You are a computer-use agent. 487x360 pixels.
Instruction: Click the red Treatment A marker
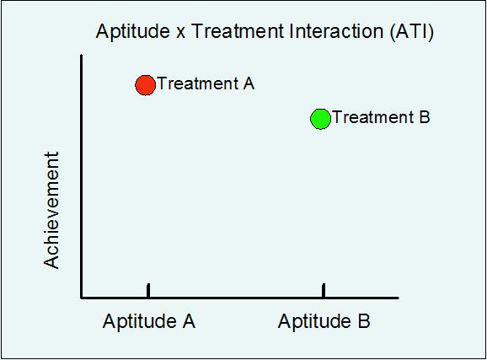pyautogui.click(x=145, y=84)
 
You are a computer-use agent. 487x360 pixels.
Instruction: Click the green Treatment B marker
pyautogui.click(x=320, y=118)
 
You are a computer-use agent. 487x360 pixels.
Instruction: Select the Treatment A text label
pyautogui.click(x=206, y=83)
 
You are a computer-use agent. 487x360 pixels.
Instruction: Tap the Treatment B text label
pyautogui.click(x=381, y=117)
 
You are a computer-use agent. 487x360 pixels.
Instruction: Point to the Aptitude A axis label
pyautogui.click(x=149, y=321)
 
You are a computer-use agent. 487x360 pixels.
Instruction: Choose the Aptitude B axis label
pyautogui.click(x=324, y=321)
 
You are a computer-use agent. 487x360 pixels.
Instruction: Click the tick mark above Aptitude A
pyautogui.click(x=148, y=290)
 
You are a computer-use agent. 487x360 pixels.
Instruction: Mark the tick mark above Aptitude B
pyautogui.click(x=324, y=290)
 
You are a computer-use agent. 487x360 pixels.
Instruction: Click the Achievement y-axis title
pyautogui.click(x=53, y=210)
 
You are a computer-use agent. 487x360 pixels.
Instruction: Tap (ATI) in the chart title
pyautogui.click(x=413, y=33)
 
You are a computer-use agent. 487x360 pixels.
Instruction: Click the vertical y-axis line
pyautogui.click(x=82, y=169)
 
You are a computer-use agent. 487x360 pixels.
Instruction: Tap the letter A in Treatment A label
pyautogui.click(x=248, y=83)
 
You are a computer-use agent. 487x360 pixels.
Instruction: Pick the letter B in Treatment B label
pyautogui.click(x=424, y=117)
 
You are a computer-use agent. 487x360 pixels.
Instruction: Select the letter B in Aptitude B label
pyautogui.click(x=363, y=321)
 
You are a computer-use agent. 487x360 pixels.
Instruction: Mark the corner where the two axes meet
pyautogui.click(x=82, y=297)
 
